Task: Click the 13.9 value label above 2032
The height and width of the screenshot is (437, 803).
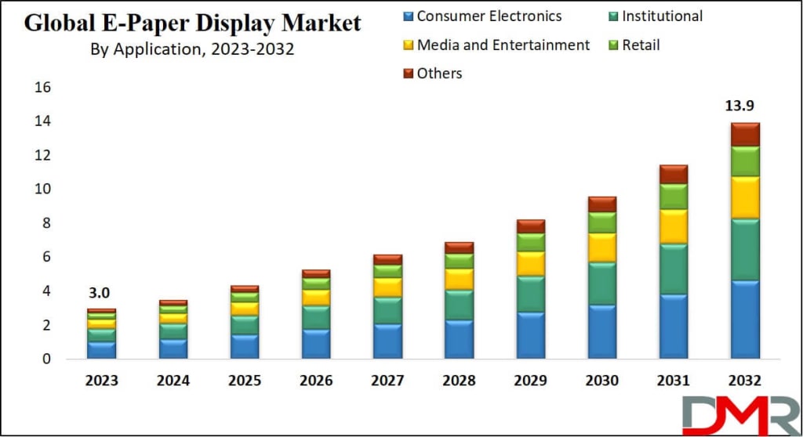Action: [x=744, y=107]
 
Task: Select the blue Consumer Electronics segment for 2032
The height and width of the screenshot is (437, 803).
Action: [x=744, y=319]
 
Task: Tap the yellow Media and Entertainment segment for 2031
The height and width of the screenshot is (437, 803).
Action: [x=674, y=226]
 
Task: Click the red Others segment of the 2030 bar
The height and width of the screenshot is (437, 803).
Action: [x=602, y=204]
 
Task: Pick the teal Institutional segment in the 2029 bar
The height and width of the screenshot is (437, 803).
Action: [x=531, y=294]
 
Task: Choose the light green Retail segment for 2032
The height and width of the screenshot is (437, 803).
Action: [x=744, y=161]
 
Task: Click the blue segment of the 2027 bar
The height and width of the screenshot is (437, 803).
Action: [x=387, y=341]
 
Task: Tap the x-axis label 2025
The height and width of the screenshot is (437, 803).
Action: [x=245, y=381]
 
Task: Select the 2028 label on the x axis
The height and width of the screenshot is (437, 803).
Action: [x=459, y=381]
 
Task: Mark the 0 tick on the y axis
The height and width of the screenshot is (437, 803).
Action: [x=46, y=359]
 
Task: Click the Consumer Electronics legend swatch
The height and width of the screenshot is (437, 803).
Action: [x=406, y=16]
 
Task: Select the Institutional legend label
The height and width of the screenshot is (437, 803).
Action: [x=662, y=16]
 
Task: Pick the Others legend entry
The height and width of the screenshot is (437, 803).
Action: [x=439, y=73]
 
